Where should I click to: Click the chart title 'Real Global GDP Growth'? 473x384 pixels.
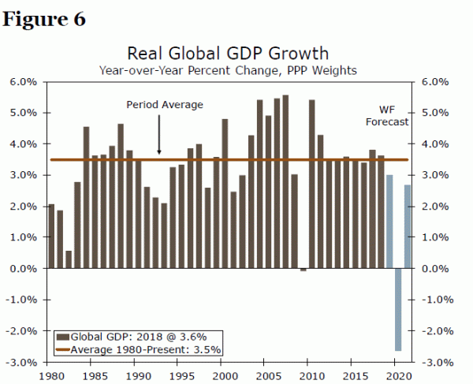228,53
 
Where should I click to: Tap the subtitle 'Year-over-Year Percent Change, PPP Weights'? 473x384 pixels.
228,70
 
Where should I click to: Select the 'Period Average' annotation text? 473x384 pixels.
165,104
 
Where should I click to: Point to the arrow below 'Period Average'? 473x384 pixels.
159,134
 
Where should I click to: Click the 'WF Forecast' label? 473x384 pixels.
387,117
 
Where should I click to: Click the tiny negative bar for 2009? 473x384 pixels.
304,270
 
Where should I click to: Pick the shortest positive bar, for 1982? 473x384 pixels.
69,259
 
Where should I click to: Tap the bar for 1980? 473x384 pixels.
51,236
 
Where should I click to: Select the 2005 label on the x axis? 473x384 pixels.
269,375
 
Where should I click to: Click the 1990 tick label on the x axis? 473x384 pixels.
137,375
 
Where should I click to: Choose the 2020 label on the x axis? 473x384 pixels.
400,375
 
